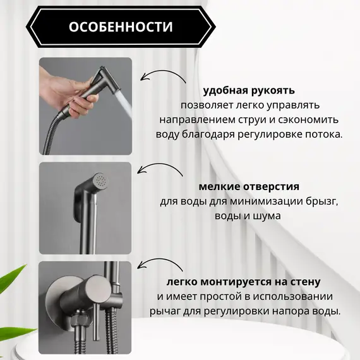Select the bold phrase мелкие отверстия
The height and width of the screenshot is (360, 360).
248,187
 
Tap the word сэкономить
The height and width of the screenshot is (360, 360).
309,119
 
